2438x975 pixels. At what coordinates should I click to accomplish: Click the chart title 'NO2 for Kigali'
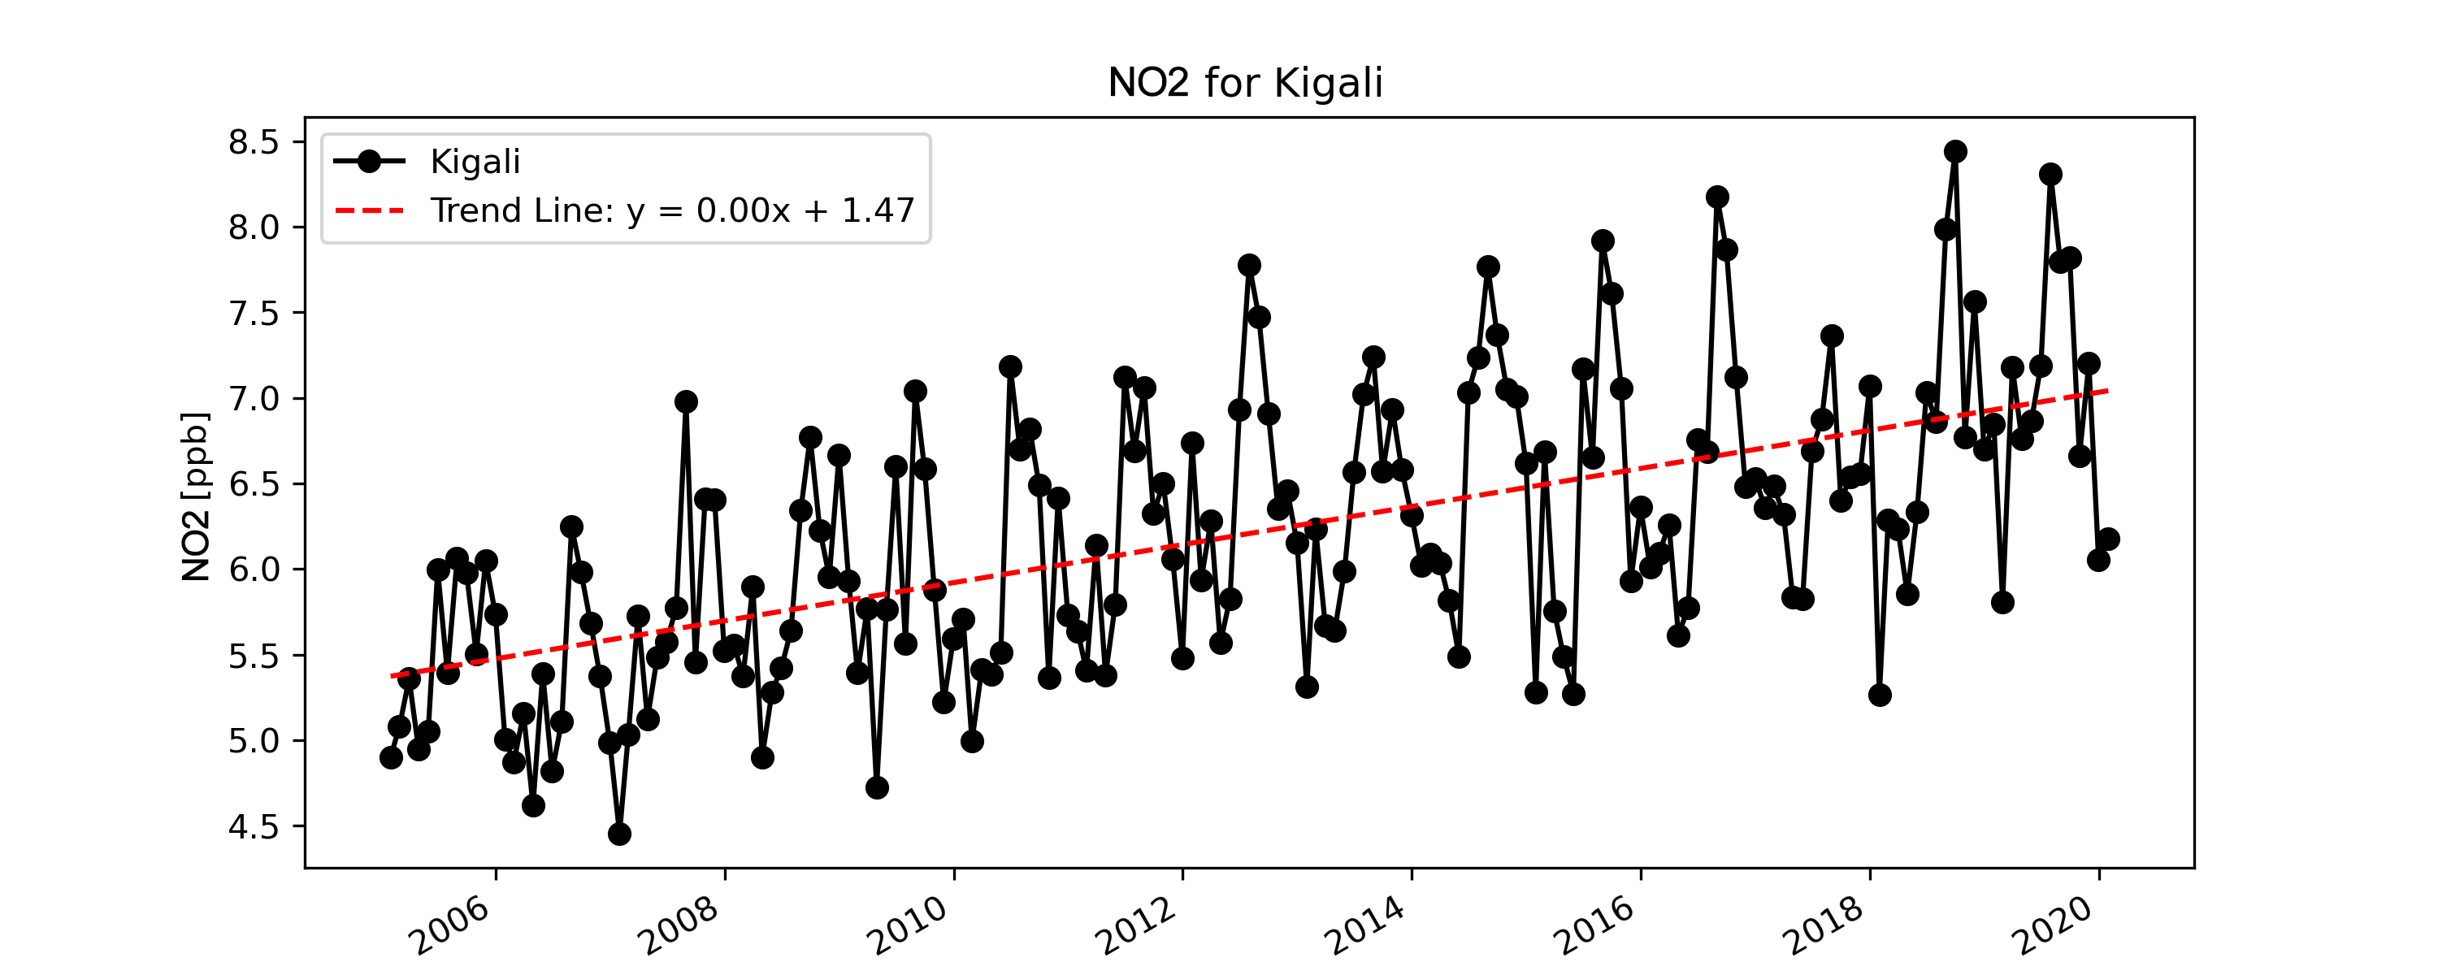point(1246,84)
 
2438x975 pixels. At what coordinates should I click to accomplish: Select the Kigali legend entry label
point(475,162)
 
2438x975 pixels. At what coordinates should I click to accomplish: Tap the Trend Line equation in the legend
point(672,210)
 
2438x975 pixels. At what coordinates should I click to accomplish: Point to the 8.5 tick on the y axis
point(254,143)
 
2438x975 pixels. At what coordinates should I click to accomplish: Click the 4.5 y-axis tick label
point(254,827)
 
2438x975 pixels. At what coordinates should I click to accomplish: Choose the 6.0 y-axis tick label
point(254,570)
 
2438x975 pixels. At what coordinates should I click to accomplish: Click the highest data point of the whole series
point(1955,151)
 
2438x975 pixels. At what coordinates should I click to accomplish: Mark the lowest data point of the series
point(619,834)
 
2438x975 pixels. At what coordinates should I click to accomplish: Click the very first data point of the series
point(391,757)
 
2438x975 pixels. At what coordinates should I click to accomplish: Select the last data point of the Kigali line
point(2108,539)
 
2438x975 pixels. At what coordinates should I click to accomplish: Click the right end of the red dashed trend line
point(2108,390)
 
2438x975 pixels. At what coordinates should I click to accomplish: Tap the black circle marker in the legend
point(369,162)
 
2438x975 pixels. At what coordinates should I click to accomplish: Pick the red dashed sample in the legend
point(369,210)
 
